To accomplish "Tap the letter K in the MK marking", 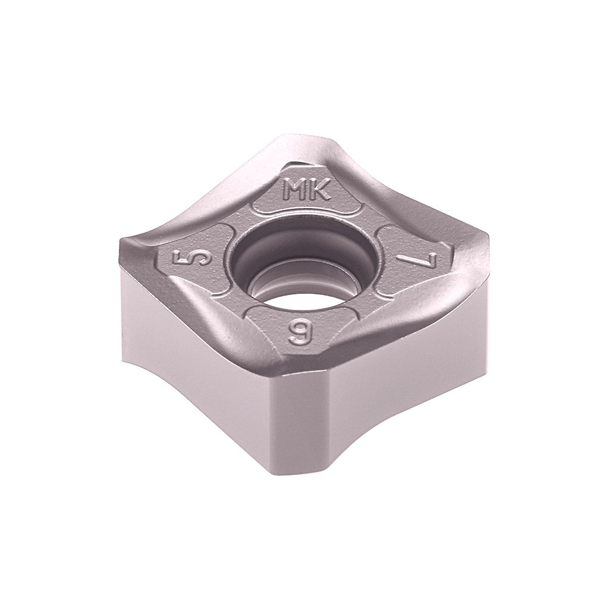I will tap(319, 190).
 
